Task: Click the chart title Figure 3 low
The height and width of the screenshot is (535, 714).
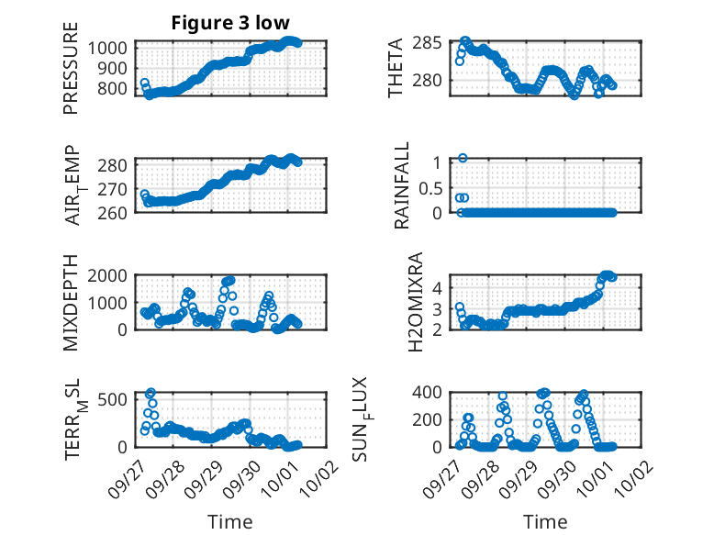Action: [x=231, y=23]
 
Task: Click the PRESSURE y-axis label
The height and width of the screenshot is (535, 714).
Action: [x=71, y=77]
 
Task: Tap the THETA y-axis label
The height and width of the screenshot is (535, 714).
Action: [x=396, y=69]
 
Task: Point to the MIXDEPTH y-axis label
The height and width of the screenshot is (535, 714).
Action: [x=71, y=304]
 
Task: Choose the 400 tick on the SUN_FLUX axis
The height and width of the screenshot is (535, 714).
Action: [x=433, y=393]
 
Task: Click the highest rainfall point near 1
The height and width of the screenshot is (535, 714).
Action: [x=463, y=158]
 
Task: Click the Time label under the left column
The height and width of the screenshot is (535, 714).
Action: [x=230, y=522]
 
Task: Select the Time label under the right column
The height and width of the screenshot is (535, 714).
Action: [x=545, y=522]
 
